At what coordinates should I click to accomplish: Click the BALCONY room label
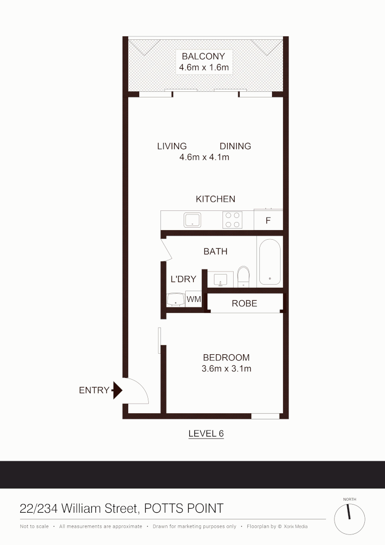[x=203, y=56]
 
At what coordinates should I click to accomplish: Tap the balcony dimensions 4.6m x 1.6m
[x=204, y=67]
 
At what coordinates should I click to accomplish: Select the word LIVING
[x=172, y=146]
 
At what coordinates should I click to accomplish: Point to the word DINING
[x=235, y=146]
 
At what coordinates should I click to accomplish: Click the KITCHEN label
[x=215, y=199]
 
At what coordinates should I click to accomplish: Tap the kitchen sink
[x=192, y=220]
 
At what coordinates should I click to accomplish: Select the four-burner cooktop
[x=232, y=220]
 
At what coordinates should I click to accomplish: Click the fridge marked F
[x=268, y=221]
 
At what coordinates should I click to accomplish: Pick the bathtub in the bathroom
[x=270, y=262]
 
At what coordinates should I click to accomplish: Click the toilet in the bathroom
[x=244, y=276]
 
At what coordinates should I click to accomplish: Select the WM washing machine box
[x=193, y=299]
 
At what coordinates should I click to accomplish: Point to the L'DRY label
[x=183, y=279]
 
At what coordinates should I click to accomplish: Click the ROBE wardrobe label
[x=244, y=303]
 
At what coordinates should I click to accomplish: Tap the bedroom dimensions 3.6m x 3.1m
[x=226, y=368]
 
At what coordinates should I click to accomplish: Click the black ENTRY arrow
[x=118, y=390]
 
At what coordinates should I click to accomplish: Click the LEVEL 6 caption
[x=205, y=433]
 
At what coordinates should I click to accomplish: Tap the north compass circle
[x=350, y=519]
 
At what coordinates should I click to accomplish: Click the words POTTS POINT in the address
[x=184, y=508]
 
